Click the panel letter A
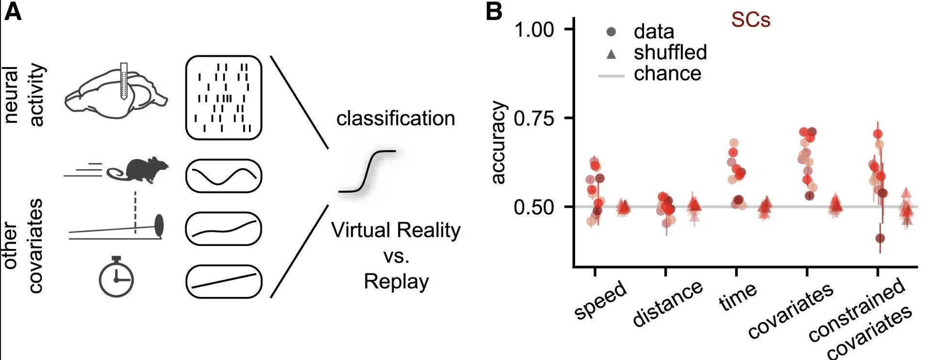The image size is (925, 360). tap(13, 12)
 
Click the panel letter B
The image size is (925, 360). tap(494, 12)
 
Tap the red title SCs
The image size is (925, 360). tap(750, 20)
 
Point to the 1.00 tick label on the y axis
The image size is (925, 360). tap(534, 30)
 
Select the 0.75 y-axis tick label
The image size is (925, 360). tap(534, 118)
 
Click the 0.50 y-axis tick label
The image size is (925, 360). tap(534, 207)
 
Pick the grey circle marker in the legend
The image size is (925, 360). tap(611, 32)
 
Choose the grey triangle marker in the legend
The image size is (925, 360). tap(611, 54)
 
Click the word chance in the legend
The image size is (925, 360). tap(667, 74)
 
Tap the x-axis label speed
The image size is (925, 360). tap(600, 300)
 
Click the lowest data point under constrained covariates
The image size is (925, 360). tap(880, 238)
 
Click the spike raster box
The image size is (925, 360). tap(224, 98)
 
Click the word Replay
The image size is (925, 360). tap(396, 281)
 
